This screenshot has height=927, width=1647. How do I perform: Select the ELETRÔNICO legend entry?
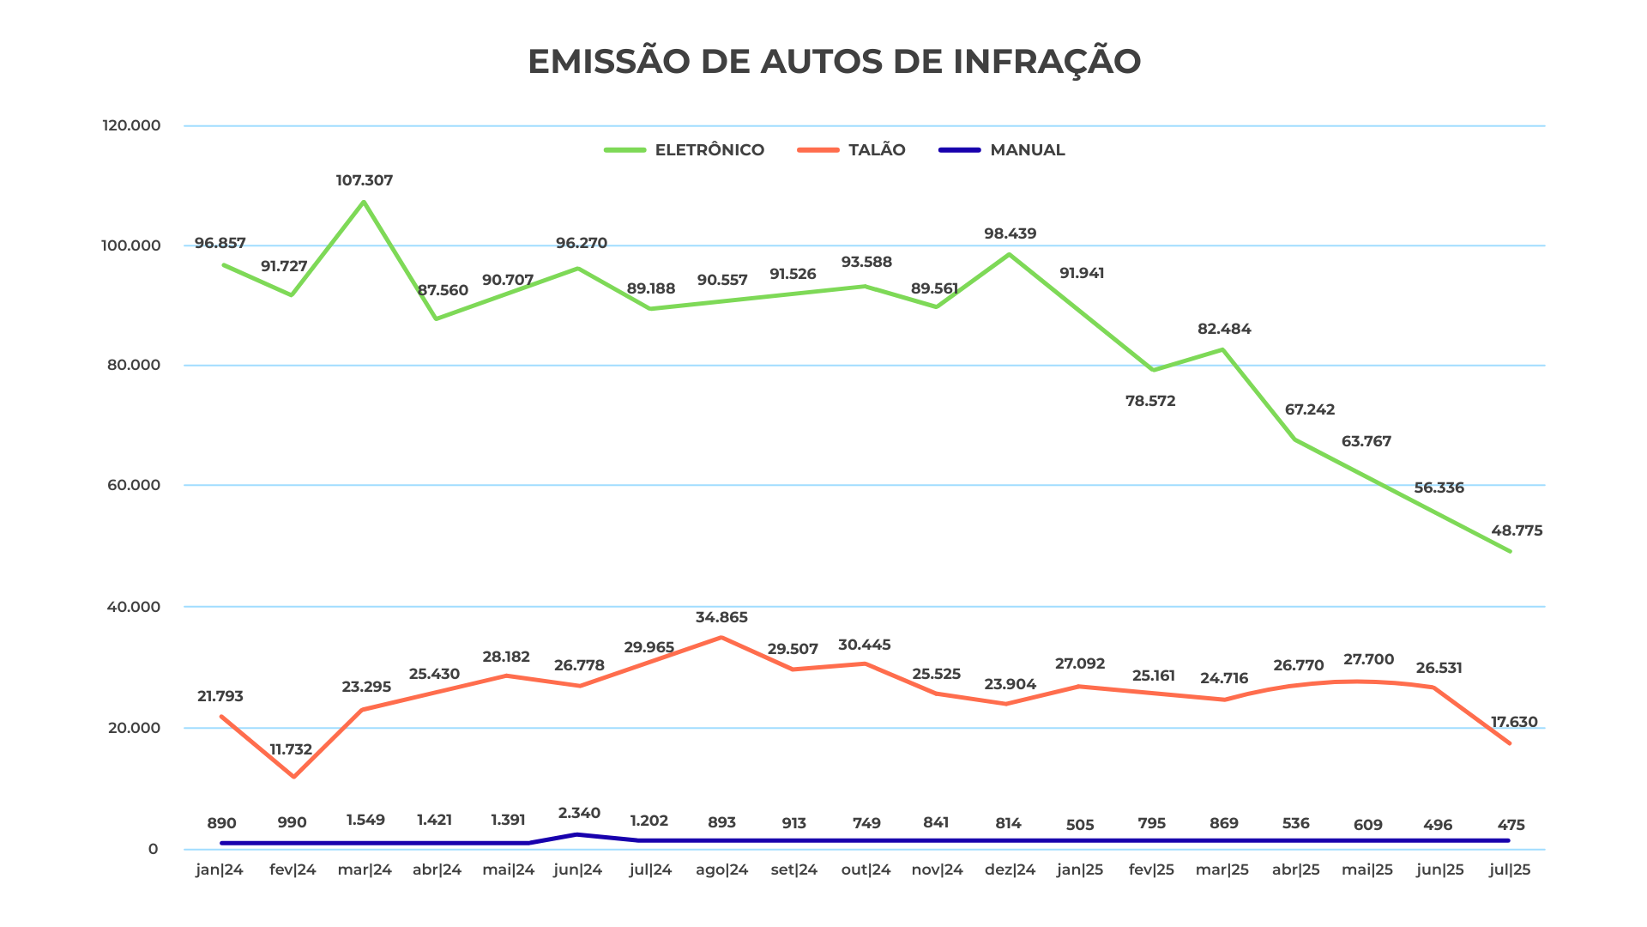[685, 150]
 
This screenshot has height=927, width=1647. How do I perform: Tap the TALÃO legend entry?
[852, 150]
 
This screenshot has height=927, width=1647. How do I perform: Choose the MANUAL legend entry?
[1002, 150]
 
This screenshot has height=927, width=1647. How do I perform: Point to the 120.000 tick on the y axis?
[131, 125]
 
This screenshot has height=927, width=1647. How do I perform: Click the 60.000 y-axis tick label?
[131, 485]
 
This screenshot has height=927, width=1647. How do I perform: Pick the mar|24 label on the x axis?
[365, 869]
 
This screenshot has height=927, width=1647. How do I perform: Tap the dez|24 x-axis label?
[1010, 869]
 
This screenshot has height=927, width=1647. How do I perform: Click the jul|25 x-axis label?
[1510, 869]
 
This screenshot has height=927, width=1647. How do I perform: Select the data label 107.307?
[365, 180]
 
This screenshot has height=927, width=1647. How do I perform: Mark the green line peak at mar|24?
[364, 202]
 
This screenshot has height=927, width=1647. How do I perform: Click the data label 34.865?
[721, 617]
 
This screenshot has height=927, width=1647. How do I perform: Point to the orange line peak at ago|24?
[721, 638]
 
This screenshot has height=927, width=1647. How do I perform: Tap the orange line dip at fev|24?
[293, 777]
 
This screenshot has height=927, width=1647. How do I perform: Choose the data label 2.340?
[579, 813]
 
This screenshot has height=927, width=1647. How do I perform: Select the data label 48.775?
[1517, 530]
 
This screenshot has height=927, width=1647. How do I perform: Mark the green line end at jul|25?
[1510, 551]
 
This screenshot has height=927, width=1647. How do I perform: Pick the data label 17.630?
[1514, 722]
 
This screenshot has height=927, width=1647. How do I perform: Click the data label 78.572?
[1150, 401]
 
